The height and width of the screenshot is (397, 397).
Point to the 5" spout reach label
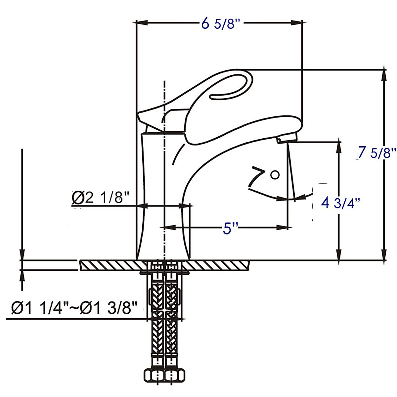[230, 228]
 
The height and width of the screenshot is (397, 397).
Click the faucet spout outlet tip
[287, 140]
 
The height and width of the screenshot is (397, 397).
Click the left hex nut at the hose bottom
[154, 375]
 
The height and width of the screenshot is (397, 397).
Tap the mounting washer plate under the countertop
[164, 273]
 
